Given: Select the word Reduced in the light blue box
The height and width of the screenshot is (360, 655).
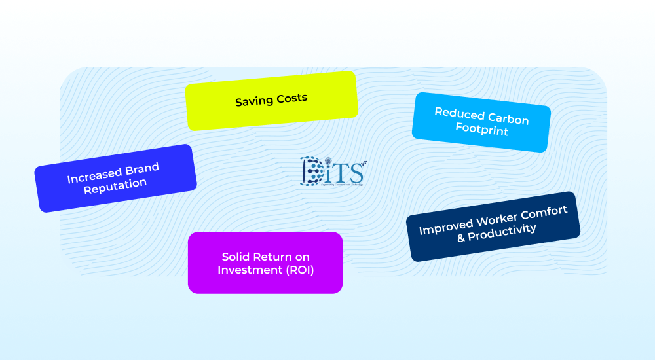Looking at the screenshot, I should [x=456, y=113].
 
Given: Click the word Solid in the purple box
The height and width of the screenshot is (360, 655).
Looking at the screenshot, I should [x=236, y=257].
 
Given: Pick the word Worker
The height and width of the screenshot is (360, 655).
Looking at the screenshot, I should [x=501, y=219].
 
